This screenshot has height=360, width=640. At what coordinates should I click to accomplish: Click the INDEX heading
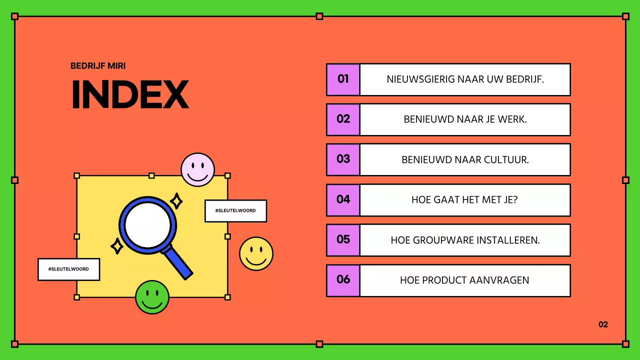[x=130, y=93]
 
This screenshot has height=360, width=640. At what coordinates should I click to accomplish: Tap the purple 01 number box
[x=343, y=79]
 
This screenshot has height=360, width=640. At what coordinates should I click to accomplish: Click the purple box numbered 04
[x=343, y=199]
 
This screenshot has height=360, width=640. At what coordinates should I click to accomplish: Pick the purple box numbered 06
[x=343, y=279]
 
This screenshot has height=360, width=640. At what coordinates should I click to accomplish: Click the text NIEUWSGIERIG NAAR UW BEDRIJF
[x=465, y=79]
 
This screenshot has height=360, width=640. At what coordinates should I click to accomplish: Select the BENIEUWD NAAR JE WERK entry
[x=465, y=119]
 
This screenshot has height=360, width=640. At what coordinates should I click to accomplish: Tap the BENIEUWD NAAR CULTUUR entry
[x=465, y=159]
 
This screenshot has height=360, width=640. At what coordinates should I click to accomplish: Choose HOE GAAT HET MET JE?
[x=465, y=199]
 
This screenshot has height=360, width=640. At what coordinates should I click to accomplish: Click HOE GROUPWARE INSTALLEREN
[x=465, y=240]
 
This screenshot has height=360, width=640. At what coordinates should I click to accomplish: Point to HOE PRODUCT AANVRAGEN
[x=465, y=280]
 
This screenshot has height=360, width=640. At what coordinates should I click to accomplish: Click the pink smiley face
[x=197, y=169]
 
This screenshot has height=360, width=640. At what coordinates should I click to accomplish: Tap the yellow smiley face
[x=256, y=253]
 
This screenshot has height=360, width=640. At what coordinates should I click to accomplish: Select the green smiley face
[x=152, y=297]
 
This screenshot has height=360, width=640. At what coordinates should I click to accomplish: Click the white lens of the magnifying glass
[x=147, y=224]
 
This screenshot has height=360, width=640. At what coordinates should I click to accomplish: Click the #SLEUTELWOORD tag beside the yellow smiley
[x=235, y=210]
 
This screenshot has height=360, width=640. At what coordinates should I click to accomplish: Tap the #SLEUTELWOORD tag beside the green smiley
[x=68, y=269]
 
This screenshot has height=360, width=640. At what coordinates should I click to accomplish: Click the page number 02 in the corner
[x=603, y=324]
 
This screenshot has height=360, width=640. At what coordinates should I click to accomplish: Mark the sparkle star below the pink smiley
[x=176, y=201]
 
